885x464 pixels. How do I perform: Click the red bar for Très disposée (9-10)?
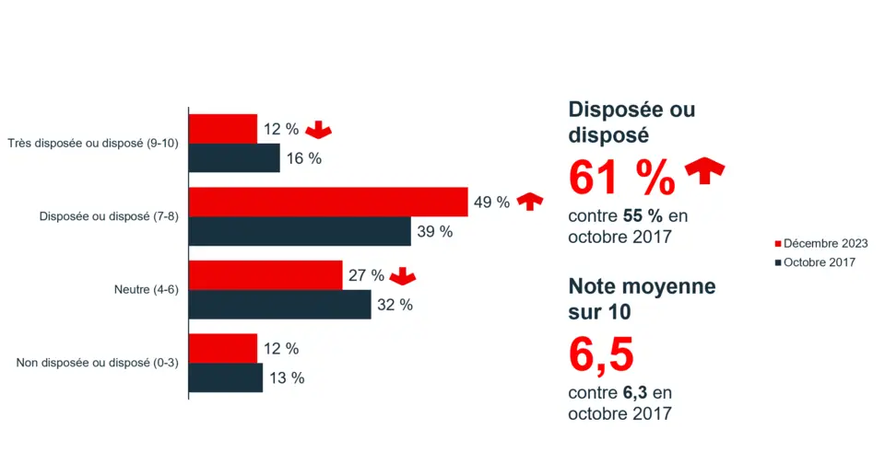click(x=223, y=129)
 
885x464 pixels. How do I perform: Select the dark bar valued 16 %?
click(x=234, y=157)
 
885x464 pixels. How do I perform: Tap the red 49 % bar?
click(x=328, y=202)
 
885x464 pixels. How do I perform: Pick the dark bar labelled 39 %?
click(x=300, y=231)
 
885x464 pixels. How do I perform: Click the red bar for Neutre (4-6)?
click(x=265, y=275)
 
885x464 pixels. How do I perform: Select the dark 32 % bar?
click(x=279, y=305)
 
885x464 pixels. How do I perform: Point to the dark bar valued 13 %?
click(x=226, y=377)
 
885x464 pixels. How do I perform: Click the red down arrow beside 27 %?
click(x=403, y=275)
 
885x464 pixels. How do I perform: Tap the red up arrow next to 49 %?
click(x=529, y=202)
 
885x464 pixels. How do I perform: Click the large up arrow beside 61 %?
click(x=704, y=171)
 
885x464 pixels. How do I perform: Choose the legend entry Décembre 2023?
click(x=820, y=243)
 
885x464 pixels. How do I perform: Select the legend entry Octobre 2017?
click(x=815, y=262)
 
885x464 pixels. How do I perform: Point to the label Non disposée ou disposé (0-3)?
click(x=97, y=363)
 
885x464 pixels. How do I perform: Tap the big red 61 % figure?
click(x=621, y=178)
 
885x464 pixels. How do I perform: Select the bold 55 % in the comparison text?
click(x=642, y=216)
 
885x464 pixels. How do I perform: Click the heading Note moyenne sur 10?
click(x=642, y=298)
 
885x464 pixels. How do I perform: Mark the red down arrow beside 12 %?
click(x=317, y=130)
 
